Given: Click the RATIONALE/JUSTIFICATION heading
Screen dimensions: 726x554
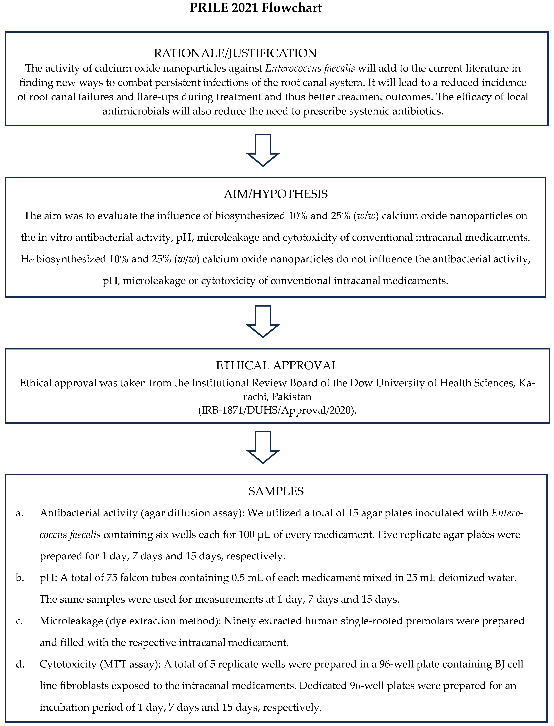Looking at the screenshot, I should [x=235, y=53].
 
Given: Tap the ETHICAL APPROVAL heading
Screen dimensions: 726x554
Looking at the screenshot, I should [x=277, y=366].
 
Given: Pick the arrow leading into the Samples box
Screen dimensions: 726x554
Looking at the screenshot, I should [x=263, y=447].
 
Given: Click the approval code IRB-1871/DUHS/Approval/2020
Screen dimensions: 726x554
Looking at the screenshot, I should [x=277, y=411].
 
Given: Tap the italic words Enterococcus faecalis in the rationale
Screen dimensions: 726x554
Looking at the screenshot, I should [x=310, y=68].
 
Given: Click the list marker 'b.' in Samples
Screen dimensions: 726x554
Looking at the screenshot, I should [x=20, y=578].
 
